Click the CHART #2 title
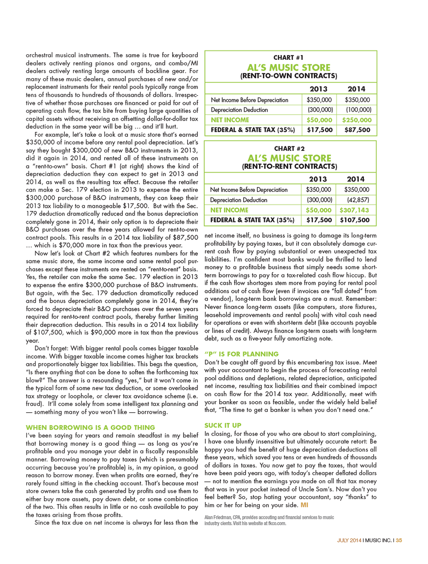[289, 149]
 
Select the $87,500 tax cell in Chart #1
[357, 130]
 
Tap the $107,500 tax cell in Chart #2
[355, 220]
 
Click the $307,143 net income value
[354, 210]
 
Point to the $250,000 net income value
[357, 120]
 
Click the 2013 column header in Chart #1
[318, 89]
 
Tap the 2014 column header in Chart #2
[355, 179]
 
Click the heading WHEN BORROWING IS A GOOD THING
[90, 428]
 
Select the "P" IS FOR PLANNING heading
[241, 354]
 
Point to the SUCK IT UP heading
[223, 425]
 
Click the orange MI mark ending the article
[304, 505]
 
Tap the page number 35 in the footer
[399, 540]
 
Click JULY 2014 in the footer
[349, 540]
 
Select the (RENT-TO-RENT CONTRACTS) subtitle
[289, 166]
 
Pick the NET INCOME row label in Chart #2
[229, 210]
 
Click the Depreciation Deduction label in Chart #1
[239, 110]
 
